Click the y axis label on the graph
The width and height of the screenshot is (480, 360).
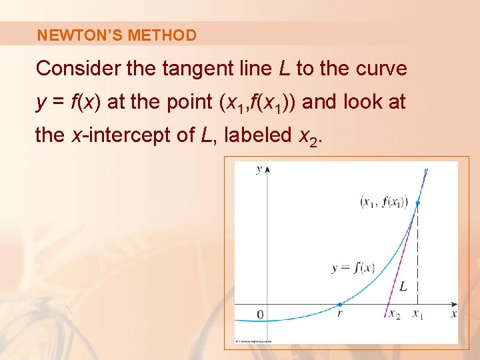click(259, 169)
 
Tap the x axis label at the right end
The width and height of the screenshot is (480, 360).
click(453, 313)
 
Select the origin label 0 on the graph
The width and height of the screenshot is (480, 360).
click(260, 314)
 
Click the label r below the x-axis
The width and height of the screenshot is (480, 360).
click(339, 313)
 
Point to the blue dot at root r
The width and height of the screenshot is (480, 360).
click(339, 304)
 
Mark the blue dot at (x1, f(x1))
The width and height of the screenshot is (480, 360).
click(418, 203)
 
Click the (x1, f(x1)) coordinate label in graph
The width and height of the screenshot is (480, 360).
click(383, 201)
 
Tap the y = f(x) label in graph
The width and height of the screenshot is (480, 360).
click(353, 268)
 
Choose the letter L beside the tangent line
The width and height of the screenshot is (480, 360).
click(403, 287)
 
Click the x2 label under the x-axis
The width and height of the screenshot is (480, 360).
click(395, 314)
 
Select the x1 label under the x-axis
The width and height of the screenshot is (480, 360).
click(418, 314)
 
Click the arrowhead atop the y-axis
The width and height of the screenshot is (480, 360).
click(267, 169)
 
